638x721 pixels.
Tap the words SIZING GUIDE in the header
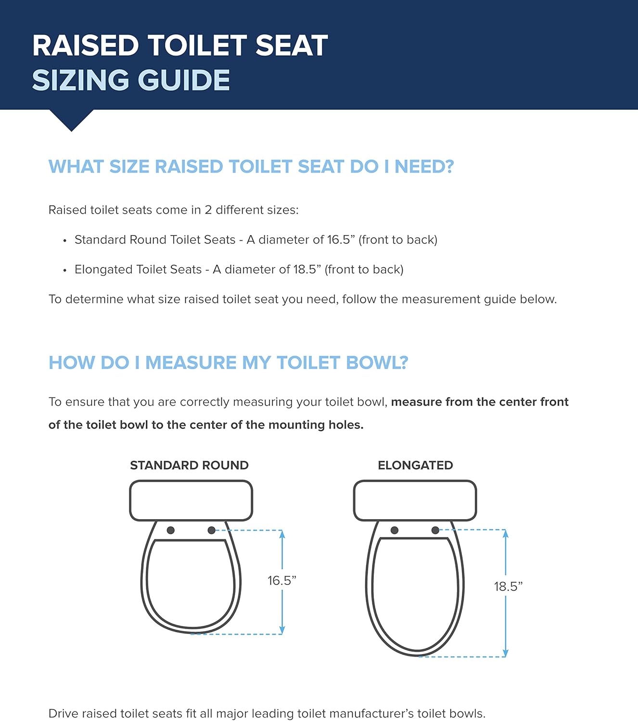(x=131, y=80)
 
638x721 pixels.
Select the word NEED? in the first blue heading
(x=424, y=167)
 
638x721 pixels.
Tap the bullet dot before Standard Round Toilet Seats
(x=64, y=241)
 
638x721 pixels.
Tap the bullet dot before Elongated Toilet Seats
(x=64, y=271)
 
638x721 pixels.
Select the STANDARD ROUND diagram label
(x=189, y=465)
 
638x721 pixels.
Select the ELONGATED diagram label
(x=415, y=465)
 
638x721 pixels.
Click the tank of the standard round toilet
(x=191, y=500)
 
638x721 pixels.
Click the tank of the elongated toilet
(x=415, y=500)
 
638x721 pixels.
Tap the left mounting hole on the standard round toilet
(x=170, y=530)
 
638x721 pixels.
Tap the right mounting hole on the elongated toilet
(x=435, y=530)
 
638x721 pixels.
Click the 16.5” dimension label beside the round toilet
(x=282, y=581)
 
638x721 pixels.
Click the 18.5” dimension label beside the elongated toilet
(x=508, y=586)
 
